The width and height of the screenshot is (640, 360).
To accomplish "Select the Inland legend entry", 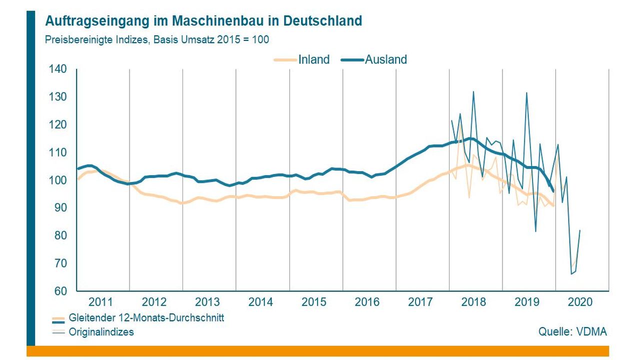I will pyautogui.click(x=313, y=59).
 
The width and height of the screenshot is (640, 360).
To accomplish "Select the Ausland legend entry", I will pyautogui.click(x=385, y=59).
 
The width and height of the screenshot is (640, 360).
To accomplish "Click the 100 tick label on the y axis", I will pyautogui.click(x=57, y=180).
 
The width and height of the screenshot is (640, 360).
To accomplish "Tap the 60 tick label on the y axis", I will pyautogui.click(x=60, y=290).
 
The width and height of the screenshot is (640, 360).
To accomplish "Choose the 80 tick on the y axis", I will pyautogui.click(x=60, y=235).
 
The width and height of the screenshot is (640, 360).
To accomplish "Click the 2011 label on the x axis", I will pyautogui.click(x=101, y=302).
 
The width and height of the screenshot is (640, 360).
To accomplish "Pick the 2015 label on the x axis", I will pyautogui.click(x=314, y=302).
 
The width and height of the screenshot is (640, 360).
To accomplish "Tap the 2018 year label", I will pyautogui.click(x=473, y=302).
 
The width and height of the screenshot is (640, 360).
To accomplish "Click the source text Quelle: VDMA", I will pyautogui.click(x=572, y=331).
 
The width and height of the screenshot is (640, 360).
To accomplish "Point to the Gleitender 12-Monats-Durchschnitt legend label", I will pyautogui.click(x=146, y=318).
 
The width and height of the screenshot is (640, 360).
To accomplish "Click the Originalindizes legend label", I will pyautogui.click(x=101, y=331).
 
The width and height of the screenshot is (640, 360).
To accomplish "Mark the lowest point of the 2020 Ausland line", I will pyautogui.click(x=571, y=274).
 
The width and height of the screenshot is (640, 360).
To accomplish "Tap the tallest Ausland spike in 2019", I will pyautogui.click(x=526, y=92).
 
